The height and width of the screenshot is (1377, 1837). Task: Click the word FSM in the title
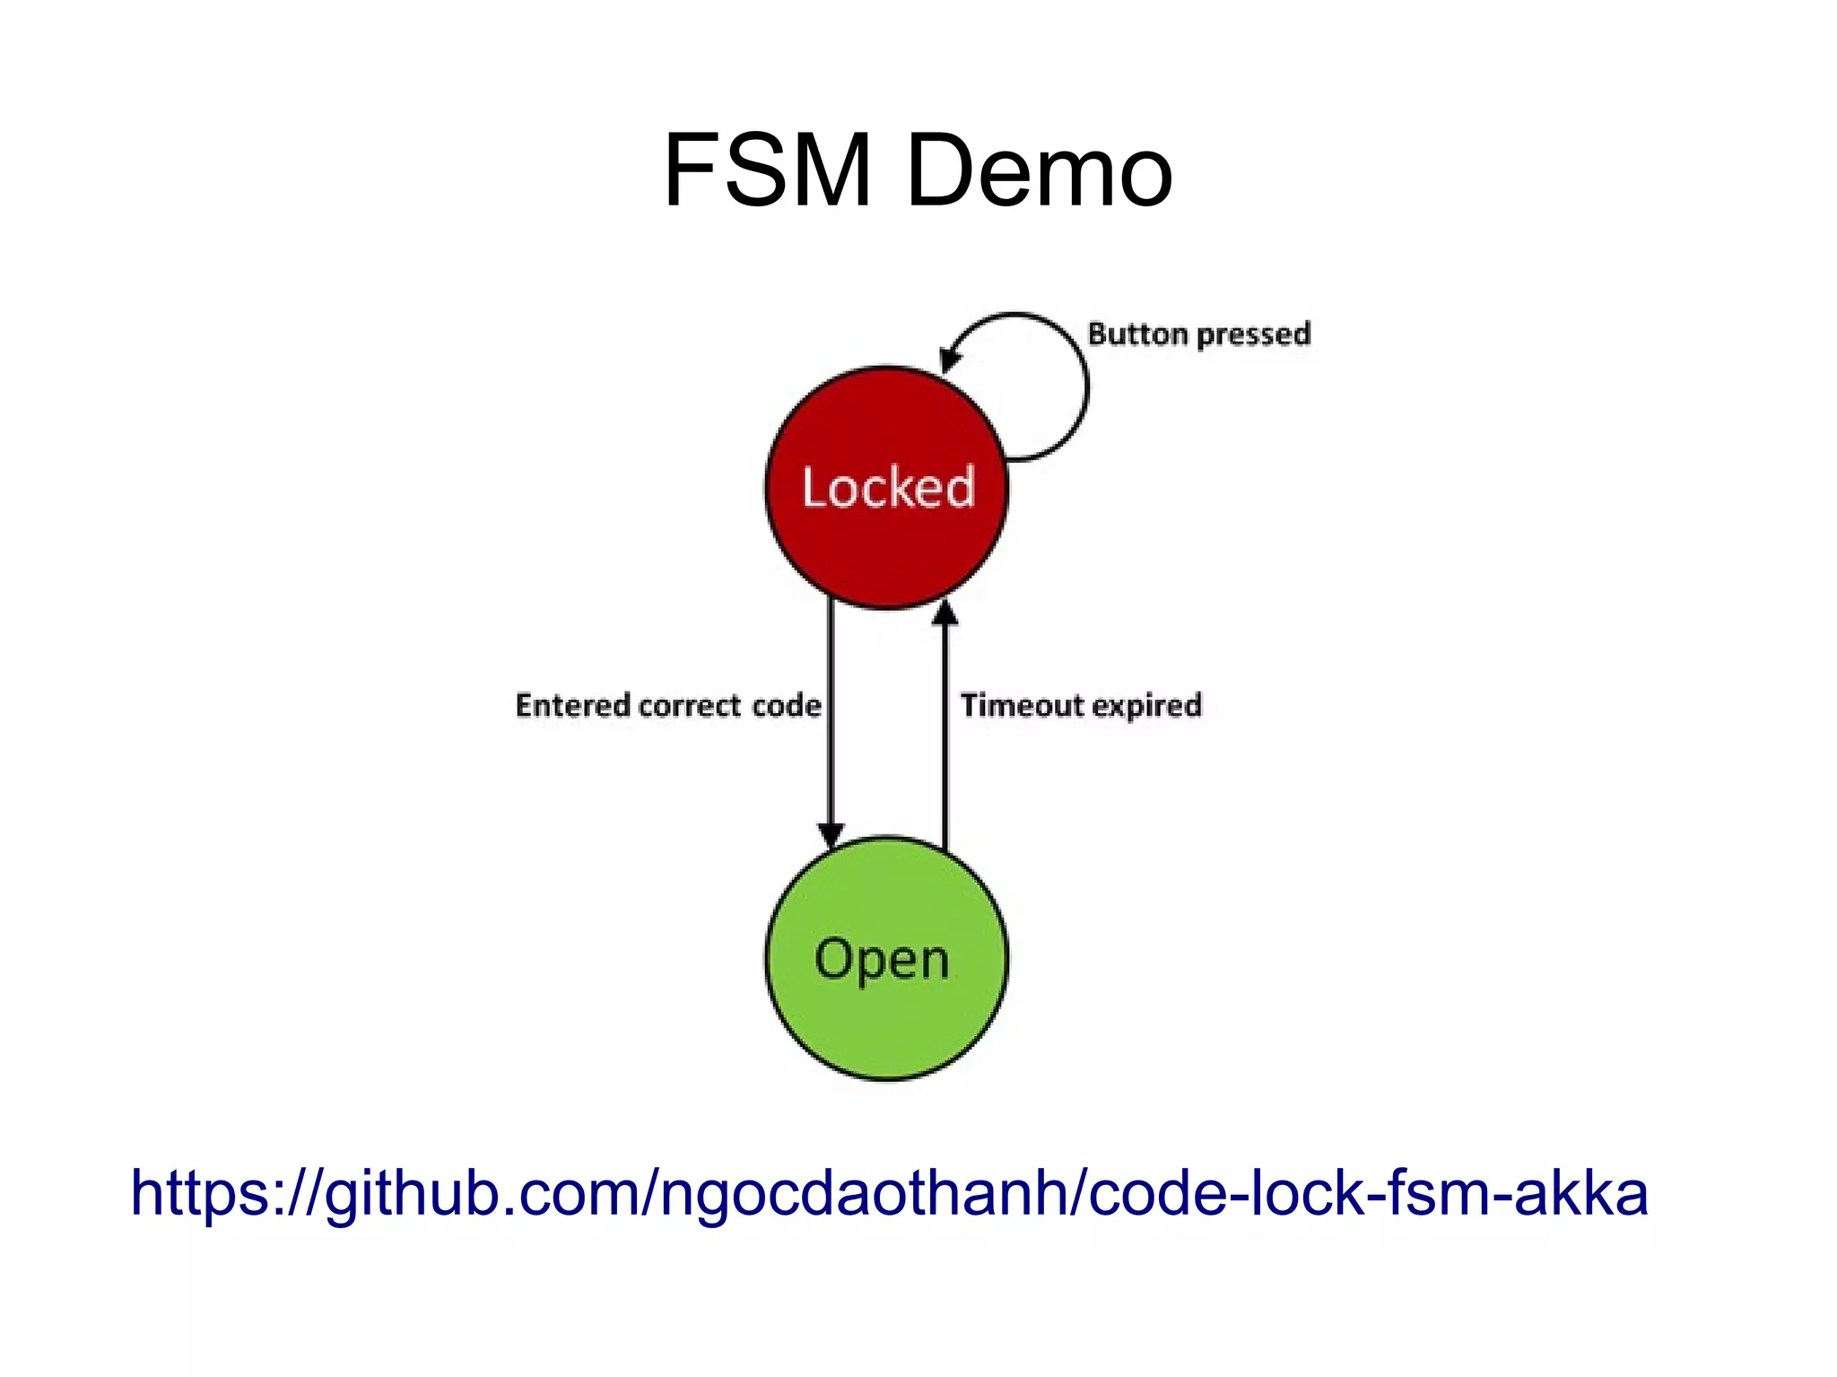(x=768, y=170)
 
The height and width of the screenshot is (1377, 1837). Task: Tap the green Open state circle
(x=886, y=1023)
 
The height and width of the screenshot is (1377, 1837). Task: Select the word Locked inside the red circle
(x=888, y=488)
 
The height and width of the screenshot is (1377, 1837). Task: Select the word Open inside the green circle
(x=882, y=960)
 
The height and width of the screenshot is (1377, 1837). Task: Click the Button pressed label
(x=1198, y=335)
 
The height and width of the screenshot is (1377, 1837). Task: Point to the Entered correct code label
(x=667, y=706)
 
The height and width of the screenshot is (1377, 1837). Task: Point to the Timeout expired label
(x=1081, y=706)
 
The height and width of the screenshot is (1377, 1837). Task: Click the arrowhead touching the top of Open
(x=831, y=833)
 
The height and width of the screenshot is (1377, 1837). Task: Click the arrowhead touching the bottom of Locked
(x=945, y=614)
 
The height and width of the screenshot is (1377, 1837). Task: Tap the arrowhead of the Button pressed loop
(x=949, y=359)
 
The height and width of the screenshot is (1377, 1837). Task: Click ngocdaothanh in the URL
(x=862, y=1194)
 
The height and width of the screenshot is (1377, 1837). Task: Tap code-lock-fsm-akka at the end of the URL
(x=1367, y=1194)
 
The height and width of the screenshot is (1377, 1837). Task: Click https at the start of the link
(x=193, y=1194)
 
